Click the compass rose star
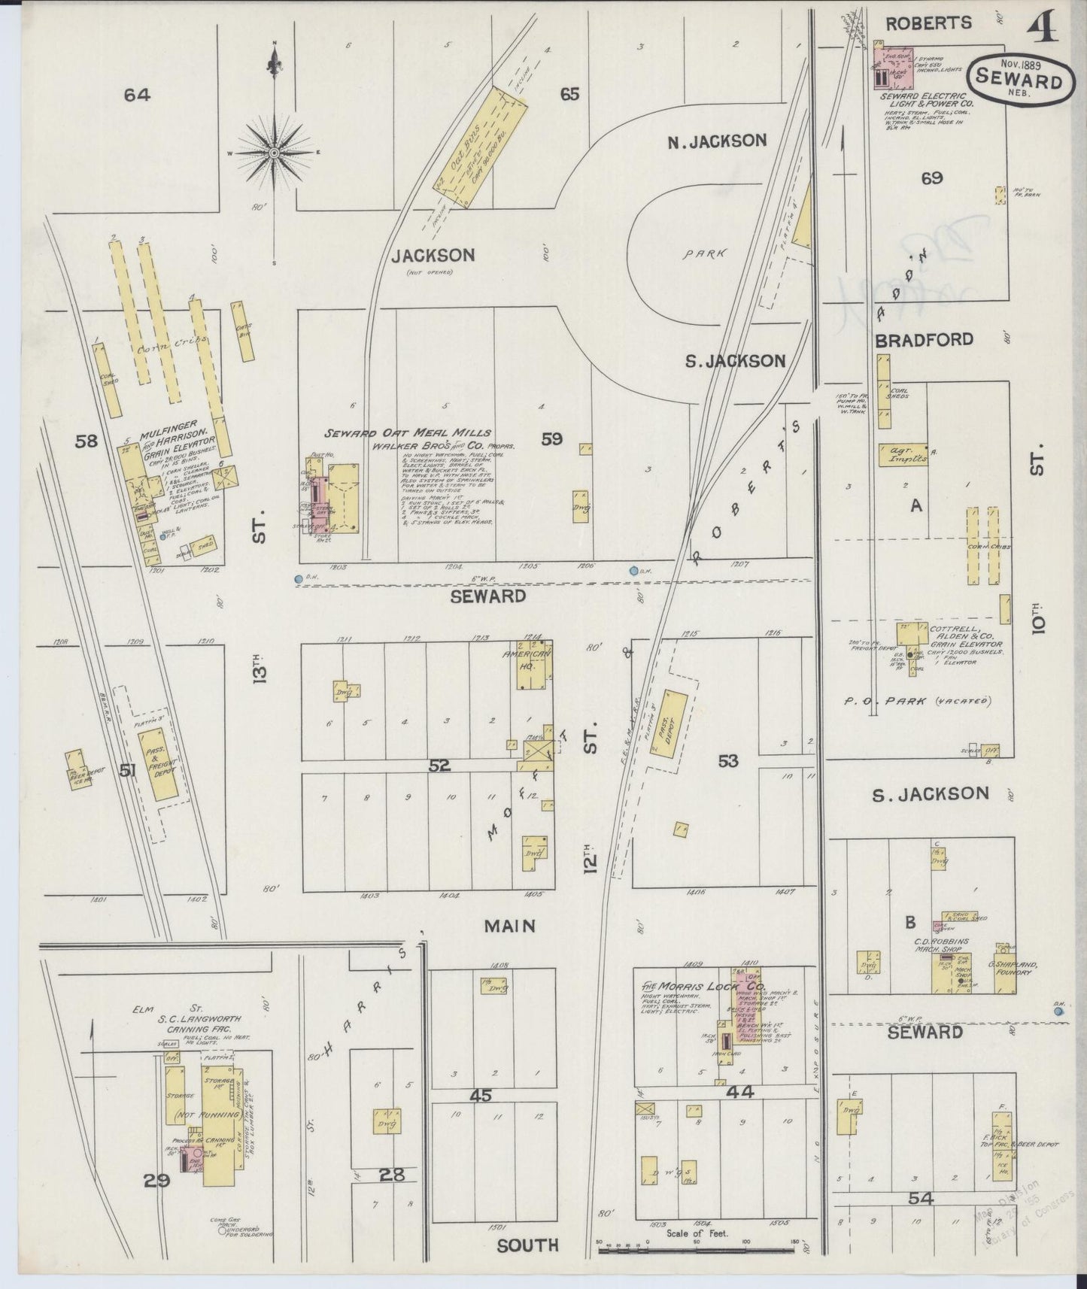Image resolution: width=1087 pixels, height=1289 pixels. pyautogui.click(x=275, y=153)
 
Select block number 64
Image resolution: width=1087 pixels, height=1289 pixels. pyautogui.click(x=138, y=95)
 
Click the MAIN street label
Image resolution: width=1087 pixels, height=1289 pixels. pyautogui.click(x=509, y=926)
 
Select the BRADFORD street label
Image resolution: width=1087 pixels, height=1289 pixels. pyautogui.click(x=924, y=339)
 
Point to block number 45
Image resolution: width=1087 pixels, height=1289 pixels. pyautogui.click(x=480, y=1096)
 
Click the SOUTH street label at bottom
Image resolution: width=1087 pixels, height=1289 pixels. pyautogui.click(x=527, y=1245)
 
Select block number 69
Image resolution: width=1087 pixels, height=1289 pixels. pyautogui.click(x=931, y=178)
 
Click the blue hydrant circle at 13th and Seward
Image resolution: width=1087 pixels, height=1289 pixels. pyautogui.click(x=299, y=578)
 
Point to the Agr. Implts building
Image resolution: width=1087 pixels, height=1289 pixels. pyautogui.click(x=903, y=456)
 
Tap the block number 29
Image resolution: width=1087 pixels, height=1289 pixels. pyautogui.click(x=156, y=1181)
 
